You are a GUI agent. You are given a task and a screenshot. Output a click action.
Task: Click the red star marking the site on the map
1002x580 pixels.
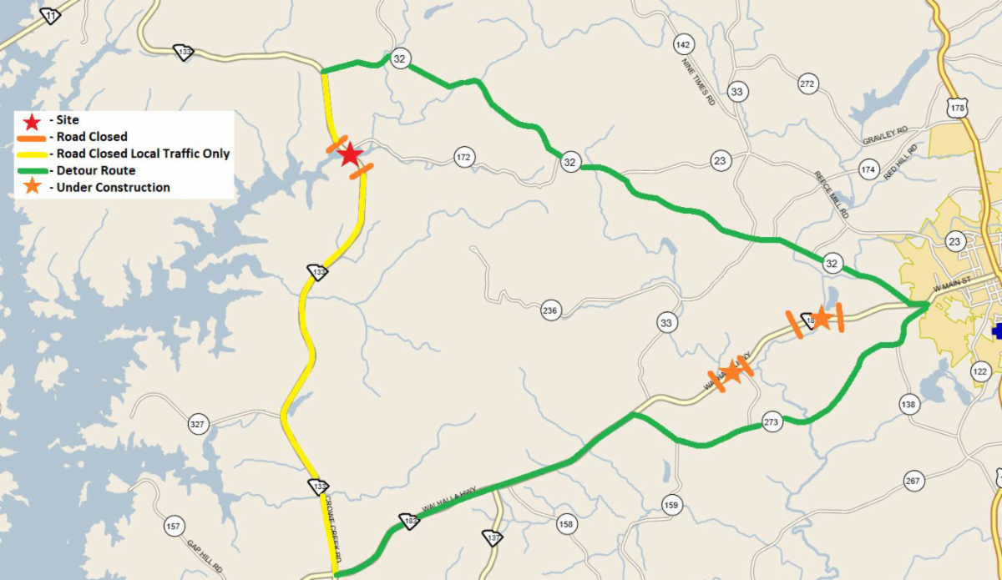350,154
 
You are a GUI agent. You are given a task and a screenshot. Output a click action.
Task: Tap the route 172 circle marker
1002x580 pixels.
464,157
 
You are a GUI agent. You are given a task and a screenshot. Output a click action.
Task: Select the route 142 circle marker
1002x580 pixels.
684,44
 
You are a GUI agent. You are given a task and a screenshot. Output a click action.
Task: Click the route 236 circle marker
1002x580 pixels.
549,310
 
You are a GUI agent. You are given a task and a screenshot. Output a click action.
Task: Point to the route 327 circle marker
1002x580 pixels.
197,425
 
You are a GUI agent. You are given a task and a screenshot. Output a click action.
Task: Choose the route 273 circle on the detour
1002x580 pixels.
772,423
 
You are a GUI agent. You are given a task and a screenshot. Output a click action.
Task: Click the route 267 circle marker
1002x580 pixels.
912,481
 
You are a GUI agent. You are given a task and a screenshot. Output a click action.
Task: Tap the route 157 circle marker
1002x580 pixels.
173,527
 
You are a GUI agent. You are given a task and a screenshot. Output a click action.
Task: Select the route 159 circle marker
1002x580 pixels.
671,505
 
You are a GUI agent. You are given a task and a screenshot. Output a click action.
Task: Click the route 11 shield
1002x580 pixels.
51,16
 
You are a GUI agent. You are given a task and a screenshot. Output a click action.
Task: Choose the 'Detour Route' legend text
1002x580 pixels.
92,170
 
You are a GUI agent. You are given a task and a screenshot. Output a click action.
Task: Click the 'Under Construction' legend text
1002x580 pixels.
109,187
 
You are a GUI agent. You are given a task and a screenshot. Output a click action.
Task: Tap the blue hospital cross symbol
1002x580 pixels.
997,331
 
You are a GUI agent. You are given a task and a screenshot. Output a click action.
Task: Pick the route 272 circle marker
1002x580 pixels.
807,83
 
